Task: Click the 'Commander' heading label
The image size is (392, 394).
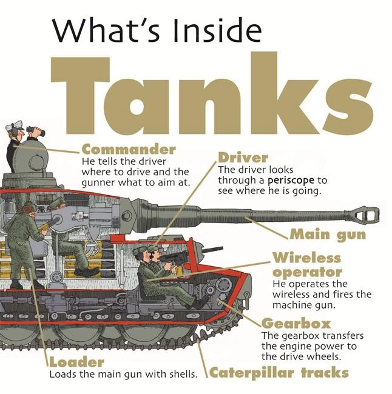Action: tap(129, 150)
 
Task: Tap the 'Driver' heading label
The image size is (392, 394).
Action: tap(243, 158)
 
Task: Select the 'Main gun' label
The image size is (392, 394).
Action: tap(328, 235)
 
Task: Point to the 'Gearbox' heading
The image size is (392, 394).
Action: tap(296, 324)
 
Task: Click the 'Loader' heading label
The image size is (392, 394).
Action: tap(76, 362)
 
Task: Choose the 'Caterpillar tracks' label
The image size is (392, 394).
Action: tap(279, 373)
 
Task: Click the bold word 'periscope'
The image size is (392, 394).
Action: tap(291, 181)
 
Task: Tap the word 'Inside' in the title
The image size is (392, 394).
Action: tap(217, 32)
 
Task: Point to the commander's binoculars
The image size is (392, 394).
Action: tap(36, 131)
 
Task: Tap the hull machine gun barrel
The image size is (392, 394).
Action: tap(211, 250)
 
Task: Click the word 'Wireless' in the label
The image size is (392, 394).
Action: tap(306, 258)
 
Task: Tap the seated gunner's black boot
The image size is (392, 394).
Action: tap(87, 272)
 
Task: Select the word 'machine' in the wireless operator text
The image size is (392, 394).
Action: tap(292, 305)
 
